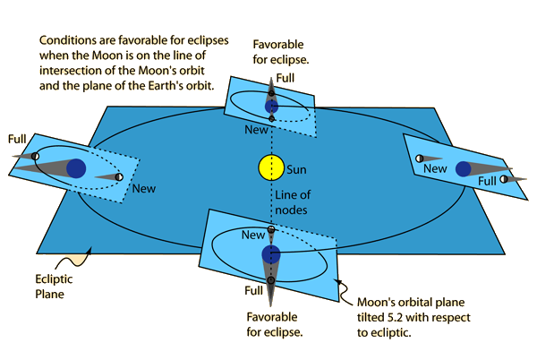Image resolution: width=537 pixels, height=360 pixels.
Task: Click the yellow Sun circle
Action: click(270, 167)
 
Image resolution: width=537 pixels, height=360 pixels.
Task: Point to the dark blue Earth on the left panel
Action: click(77, 167)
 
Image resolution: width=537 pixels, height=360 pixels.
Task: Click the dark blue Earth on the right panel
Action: click(464, 168)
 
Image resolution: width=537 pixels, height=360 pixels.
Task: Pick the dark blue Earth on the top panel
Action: click(272, 106)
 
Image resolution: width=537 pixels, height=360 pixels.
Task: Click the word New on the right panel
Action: click(436, 168)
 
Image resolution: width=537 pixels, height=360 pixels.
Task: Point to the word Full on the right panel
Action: click(487, 181)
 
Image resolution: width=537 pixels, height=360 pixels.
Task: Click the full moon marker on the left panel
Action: click(36, 157)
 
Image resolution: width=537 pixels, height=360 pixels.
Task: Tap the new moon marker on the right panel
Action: click(418, 159)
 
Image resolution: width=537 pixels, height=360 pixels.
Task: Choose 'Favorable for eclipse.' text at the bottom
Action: click(274, 323)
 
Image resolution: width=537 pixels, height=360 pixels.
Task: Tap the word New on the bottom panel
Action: click(254, 234)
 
